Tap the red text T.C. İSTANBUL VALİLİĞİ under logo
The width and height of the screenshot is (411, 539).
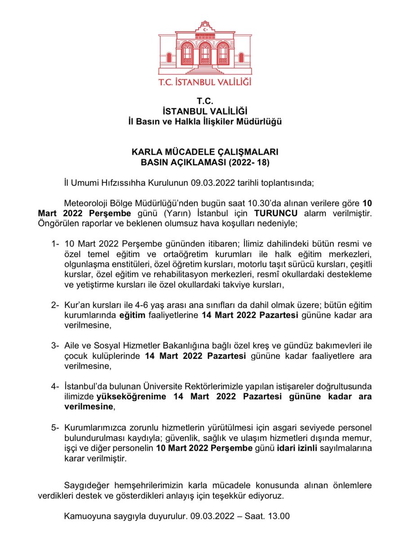tap(205, 82)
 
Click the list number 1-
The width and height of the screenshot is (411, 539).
tap(55, 244)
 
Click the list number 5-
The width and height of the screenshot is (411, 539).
tap(55, 427)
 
